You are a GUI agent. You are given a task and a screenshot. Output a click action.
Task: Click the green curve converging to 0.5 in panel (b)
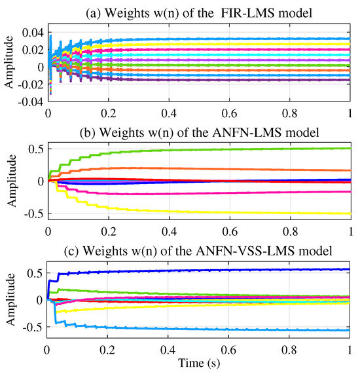click(x=262, y=149)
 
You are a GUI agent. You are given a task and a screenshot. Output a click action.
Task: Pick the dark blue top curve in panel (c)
click(x=262, y=270)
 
